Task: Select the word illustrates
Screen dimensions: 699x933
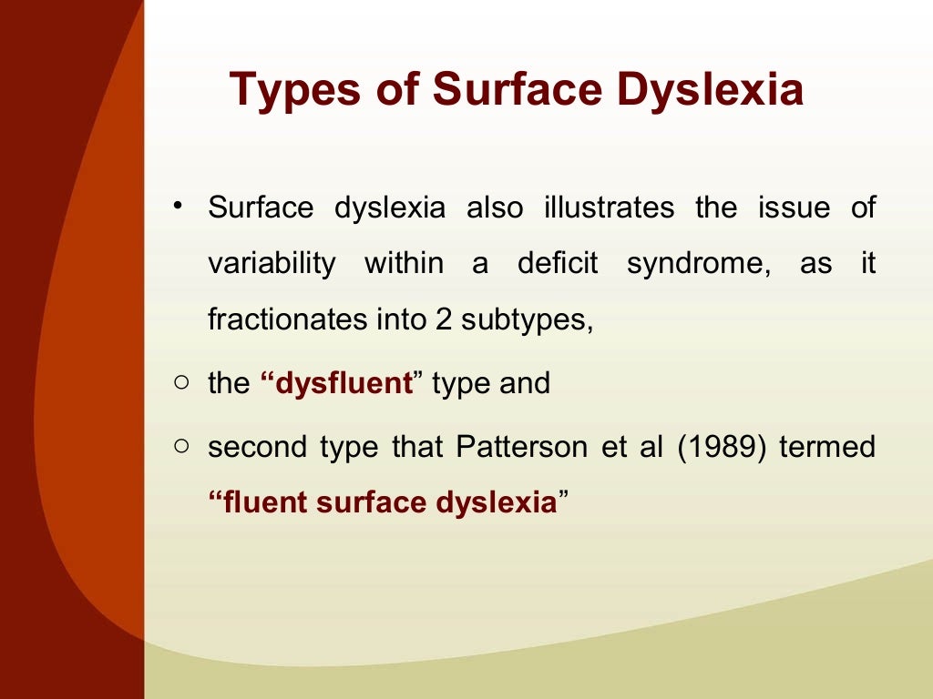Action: [x=609, y=208]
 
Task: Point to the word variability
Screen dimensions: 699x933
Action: [x=271, y=264]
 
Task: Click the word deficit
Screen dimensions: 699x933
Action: [x=558, y=264]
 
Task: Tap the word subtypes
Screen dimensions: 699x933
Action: [x=527, y=320]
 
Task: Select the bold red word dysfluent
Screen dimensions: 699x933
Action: [x=343, y=383]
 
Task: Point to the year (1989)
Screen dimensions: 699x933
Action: [x=722, y=447]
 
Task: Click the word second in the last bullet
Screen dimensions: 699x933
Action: [x=256, y=447]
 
